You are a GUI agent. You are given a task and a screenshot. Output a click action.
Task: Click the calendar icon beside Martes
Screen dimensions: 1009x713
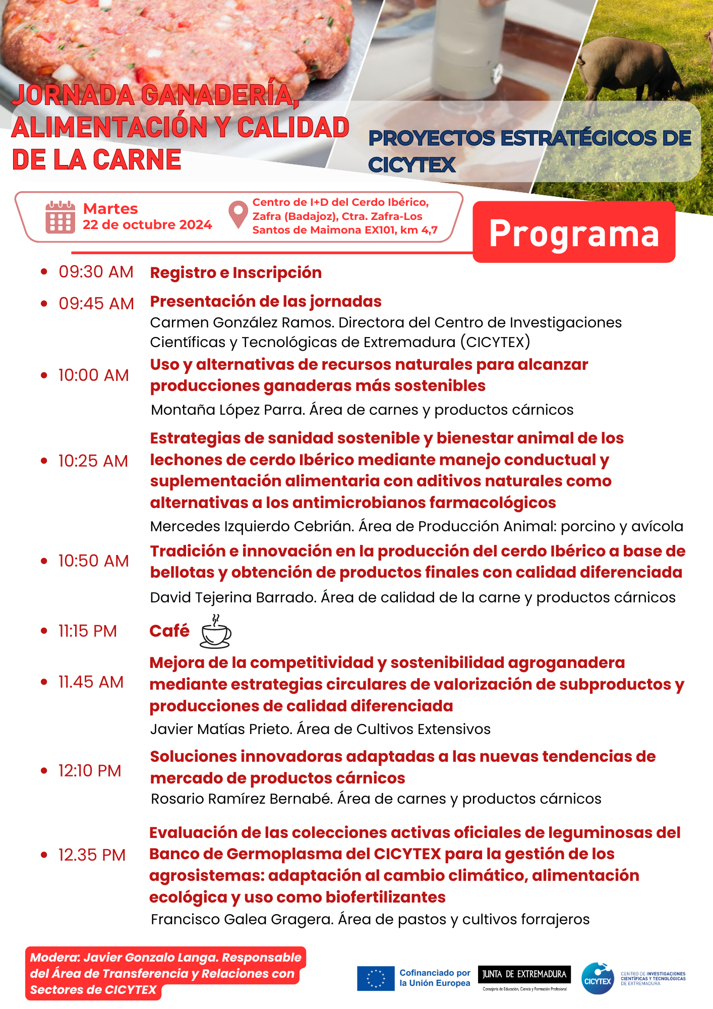coord(60,217)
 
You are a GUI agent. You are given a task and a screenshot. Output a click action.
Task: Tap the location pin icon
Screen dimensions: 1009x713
coord(237,215)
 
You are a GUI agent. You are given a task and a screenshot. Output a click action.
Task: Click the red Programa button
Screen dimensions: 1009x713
coord(574,233)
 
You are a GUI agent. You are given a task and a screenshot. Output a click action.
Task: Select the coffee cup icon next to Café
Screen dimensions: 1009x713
coord(216,632)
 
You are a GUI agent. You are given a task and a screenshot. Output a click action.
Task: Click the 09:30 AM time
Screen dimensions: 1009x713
coord(96,272)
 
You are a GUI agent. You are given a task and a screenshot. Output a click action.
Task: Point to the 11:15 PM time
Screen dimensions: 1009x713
coord(88,631)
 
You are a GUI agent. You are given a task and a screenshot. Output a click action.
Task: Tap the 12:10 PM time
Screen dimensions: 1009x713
coord(90,771)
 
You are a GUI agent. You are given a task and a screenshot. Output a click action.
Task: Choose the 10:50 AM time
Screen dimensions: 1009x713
coord(93,561)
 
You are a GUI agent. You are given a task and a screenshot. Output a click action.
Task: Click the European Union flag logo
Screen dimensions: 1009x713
coord(376,978)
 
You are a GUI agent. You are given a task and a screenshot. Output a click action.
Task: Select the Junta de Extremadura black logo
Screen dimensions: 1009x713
coord(524,974)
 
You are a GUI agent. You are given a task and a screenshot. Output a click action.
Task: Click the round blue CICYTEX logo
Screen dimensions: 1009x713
coord(598,978)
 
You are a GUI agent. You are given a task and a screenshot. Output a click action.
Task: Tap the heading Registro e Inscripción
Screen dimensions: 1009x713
coord(236,273)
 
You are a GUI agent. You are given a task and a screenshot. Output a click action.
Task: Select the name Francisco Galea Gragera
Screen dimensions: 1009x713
coord(242,920)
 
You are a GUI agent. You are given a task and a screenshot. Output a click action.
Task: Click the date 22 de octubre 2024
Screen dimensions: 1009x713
coord(147,225)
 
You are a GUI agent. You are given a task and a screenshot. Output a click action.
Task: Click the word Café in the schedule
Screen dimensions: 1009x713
coord(169,631)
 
